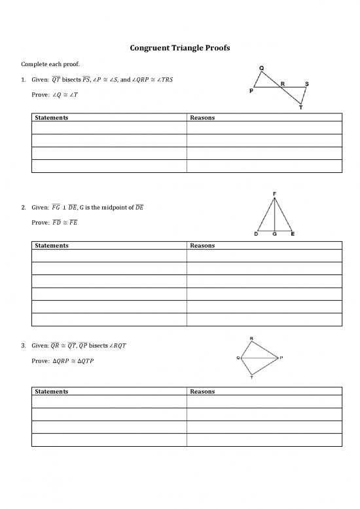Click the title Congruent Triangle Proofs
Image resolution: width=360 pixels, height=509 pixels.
179,48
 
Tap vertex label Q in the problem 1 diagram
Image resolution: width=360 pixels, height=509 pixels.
262,68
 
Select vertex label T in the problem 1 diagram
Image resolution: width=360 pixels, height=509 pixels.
300,107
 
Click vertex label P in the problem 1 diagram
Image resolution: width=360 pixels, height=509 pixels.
251,92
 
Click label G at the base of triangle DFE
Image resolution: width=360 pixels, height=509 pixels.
275,235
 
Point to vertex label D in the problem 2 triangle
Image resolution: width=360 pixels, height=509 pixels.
257,235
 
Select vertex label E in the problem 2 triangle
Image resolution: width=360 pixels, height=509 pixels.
292,235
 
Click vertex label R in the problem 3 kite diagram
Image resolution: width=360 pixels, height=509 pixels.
252,338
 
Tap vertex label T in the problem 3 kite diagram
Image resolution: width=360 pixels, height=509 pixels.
252,378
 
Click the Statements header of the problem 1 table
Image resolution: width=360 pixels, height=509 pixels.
52,118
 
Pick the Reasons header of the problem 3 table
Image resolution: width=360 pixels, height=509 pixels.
202,391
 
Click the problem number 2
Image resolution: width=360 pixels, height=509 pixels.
24,208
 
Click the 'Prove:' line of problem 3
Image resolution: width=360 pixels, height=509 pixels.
62,360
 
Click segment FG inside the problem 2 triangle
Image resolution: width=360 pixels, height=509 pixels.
275,215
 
